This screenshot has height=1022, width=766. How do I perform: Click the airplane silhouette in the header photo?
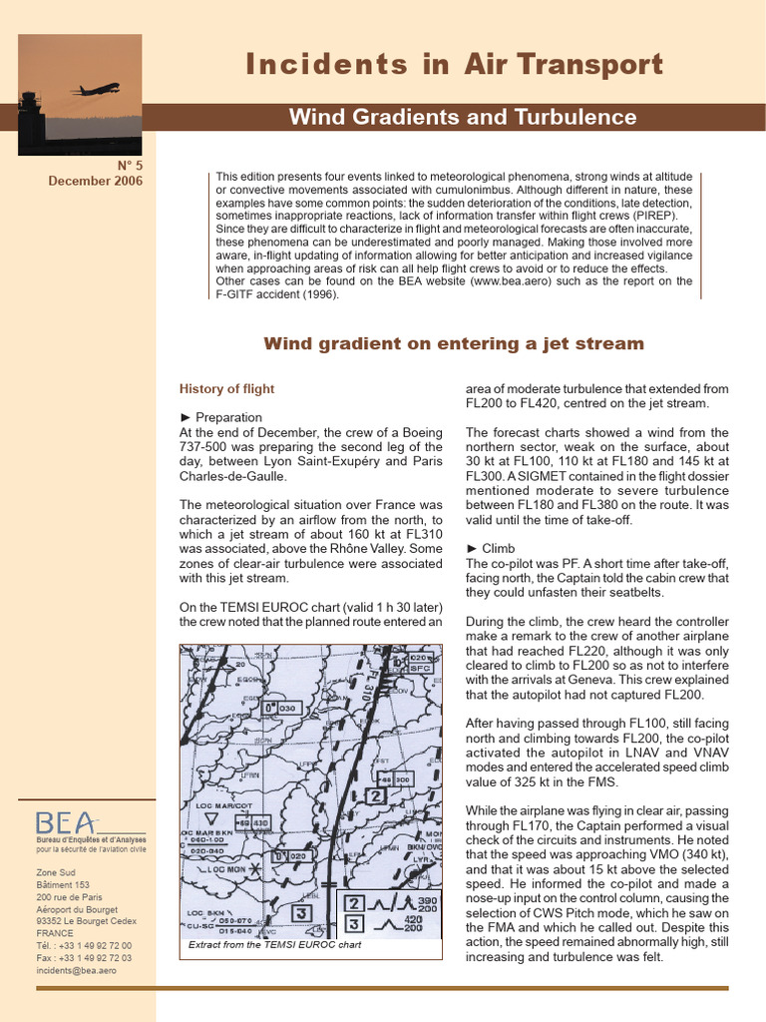coord(97,89)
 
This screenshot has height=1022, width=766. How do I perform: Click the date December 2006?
coord(96,182)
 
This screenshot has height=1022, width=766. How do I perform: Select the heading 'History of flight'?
coord(226,388)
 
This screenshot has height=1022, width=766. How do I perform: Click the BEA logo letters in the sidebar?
coord(66,822)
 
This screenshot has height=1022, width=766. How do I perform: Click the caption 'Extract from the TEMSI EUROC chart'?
coord(274,944)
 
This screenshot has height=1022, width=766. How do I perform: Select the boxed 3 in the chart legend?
coord(354,925)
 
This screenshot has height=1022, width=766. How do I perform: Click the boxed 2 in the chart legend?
coord(354,904)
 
